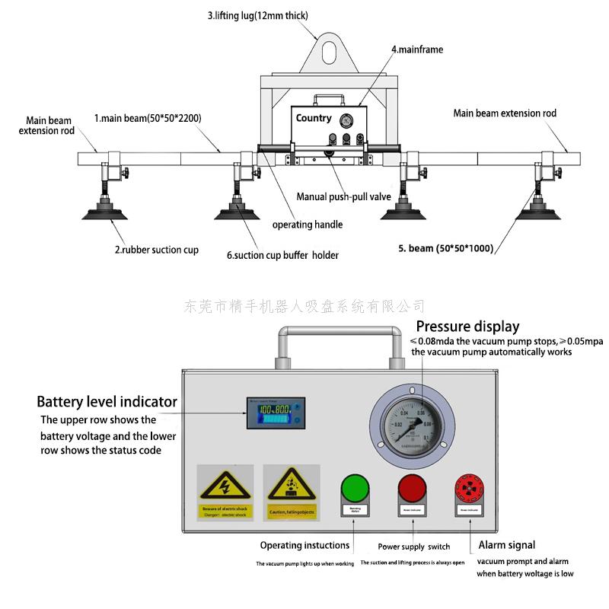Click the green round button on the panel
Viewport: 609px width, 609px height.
pos(354,487)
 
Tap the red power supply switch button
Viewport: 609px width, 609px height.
pos(411,487)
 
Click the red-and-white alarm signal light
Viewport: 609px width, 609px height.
pos(468,487)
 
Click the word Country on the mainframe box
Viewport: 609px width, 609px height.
pos(314,118)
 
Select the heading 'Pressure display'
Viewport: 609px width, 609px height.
pos(467,327)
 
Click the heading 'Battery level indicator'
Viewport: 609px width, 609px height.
pos(107,401)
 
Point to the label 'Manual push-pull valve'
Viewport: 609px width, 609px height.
pos(343,196)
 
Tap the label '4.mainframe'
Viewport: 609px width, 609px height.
pos(417,49)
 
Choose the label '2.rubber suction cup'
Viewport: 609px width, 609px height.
pos(156,250)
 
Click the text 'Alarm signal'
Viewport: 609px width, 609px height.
pos(506,545)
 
